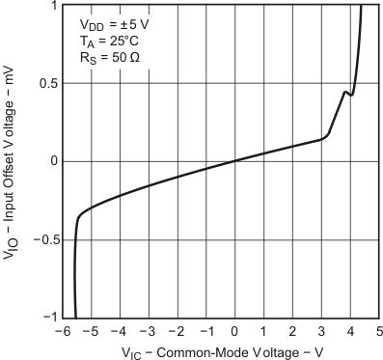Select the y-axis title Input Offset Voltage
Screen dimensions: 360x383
click(11, 161)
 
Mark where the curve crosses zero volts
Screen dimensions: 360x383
click(234, 161)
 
